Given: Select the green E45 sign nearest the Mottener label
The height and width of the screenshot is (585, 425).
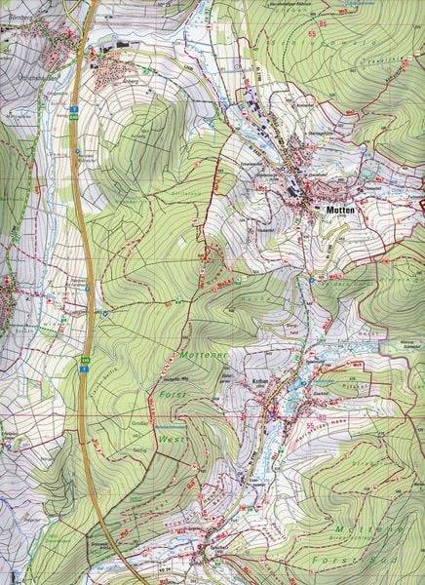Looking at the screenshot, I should click(x=86, y=361).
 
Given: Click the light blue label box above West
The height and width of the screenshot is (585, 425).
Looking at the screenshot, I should click(x=171, y=428).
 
